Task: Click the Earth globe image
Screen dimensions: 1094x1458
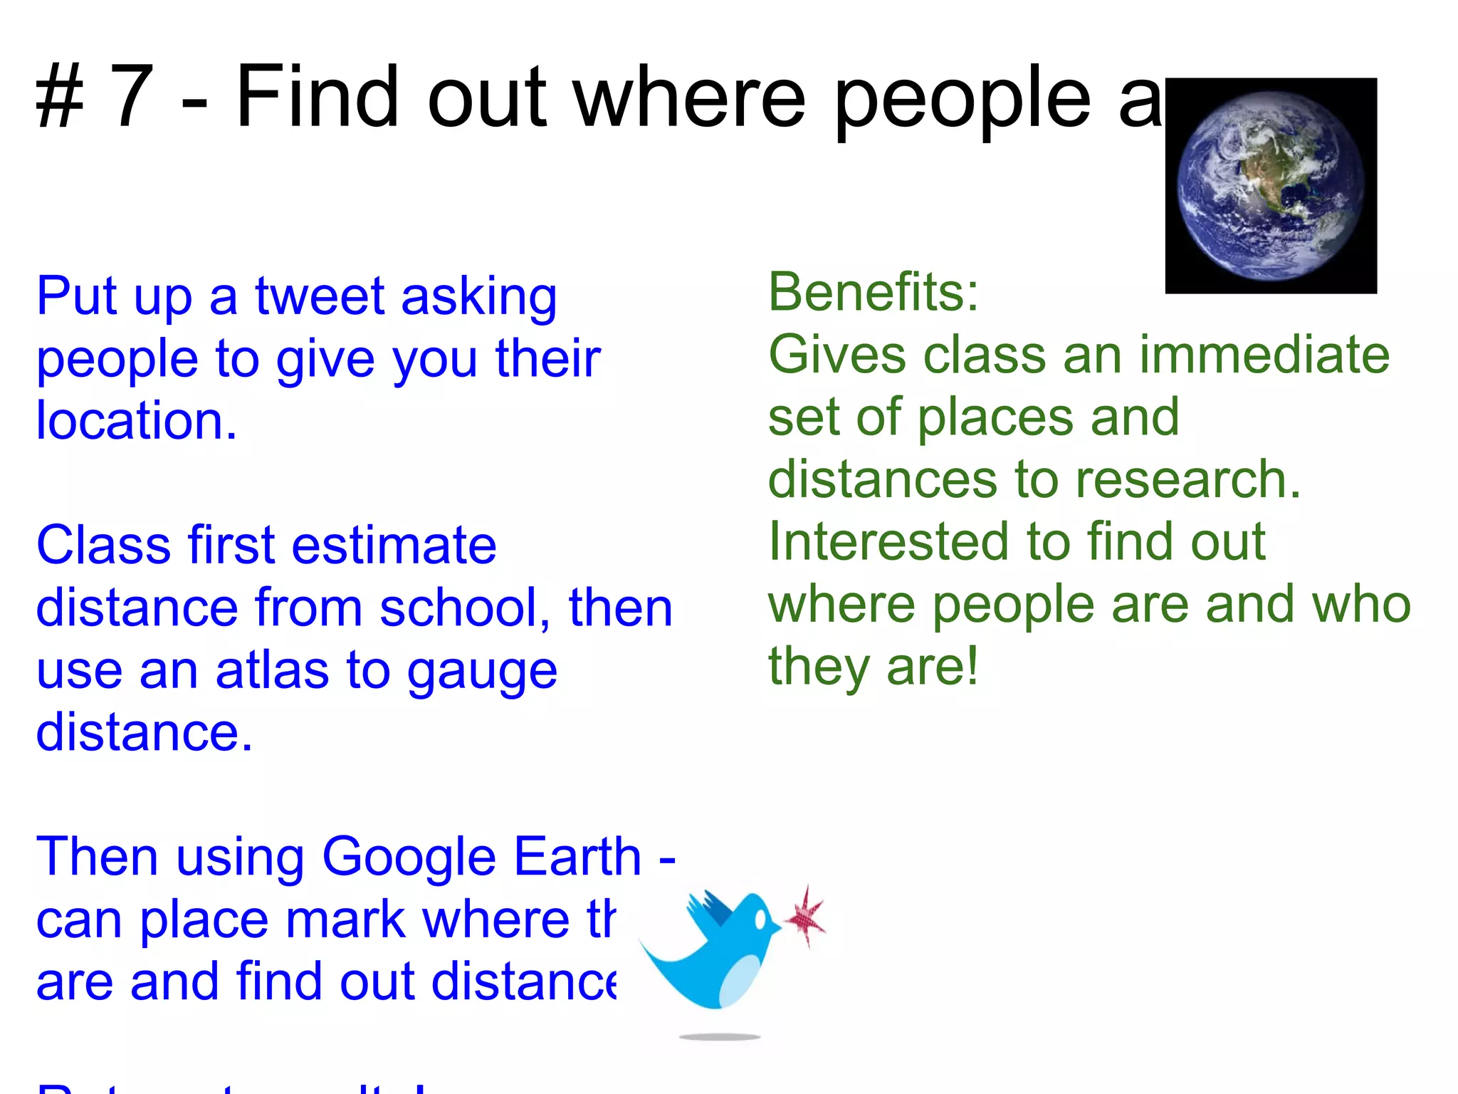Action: pyautogui.click(x=1271, y=187)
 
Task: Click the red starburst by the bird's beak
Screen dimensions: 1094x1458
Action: pyautogui.click(x=807, y=917)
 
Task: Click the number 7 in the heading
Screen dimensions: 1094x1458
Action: pyautogui.click(x=132, y=97)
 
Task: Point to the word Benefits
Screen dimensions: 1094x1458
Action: pyautogui.click(x=873, y=292)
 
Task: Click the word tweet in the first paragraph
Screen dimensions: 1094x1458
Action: pyautogui.click(x=320, y=296)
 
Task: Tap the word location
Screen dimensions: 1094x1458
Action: pyautogui.click(x=135, y=420)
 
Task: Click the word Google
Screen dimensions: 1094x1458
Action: pyautogui.click(x=411, y=857)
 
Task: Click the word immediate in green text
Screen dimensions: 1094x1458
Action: pyautogui.click(x=1264, y=355)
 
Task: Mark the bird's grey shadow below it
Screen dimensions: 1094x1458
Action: pyautogui.click(x=720, y=1037)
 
